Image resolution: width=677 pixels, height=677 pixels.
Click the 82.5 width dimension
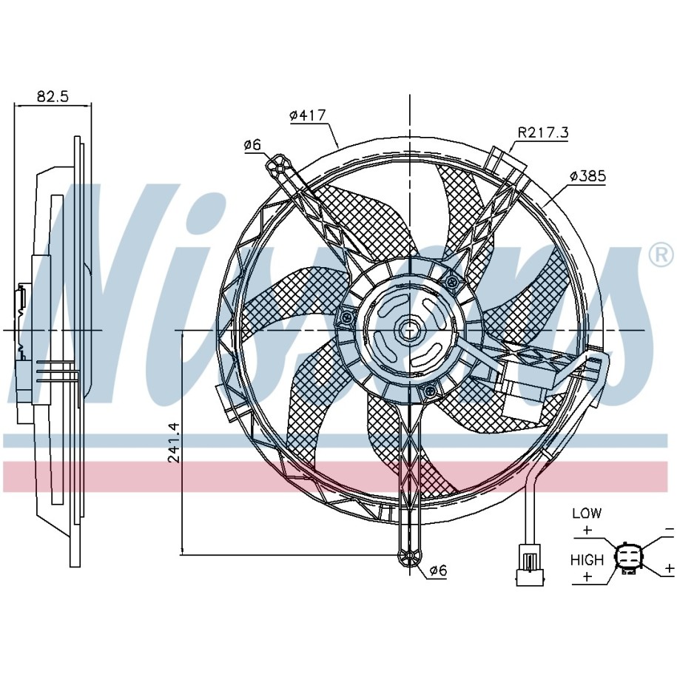53,96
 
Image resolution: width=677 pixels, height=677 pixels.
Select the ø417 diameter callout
307,115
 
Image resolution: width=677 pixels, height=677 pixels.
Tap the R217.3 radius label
543,132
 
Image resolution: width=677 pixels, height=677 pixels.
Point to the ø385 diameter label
587,176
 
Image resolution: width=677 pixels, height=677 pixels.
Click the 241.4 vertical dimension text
173,442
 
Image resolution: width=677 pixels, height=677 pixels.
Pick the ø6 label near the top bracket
252,145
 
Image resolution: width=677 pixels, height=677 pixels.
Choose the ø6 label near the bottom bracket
438,570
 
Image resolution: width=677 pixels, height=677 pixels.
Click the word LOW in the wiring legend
587,513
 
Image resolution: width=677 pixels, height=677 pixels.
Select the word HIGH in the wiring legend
587,560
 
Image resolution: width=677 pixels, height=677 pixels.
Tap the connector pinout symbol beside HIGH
628,557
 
